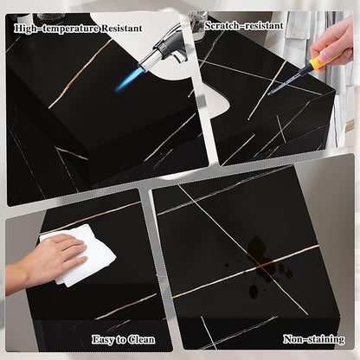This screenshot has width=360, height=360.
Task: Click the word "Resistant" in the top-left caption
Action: click(x=121, y=29)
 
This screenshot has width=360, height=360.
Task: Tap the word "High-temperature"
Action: click(x=56, y=29)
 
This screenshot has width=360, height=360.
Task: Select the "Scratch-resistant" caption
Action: click(x=244, y=26)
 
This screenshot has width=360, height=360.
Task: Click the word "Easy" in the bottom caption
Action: click(x=103, y=339)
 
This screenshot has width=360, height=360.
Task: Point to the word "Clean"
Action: click(x=141, y=339)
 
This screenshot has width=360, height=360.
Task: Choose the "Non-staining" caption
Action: click(x=314, y=339)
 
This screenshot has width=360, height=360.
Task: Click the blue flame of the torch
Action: click(x=126, y=80)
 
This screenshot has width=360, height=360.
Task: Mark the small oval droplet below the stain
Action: click(x=254, y=291)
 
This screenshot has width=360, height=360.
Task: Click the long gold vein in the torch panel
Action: click(x=80, y=74)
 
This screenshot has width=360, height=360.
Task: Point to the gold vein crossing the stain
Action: click(x=246, y=272)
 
